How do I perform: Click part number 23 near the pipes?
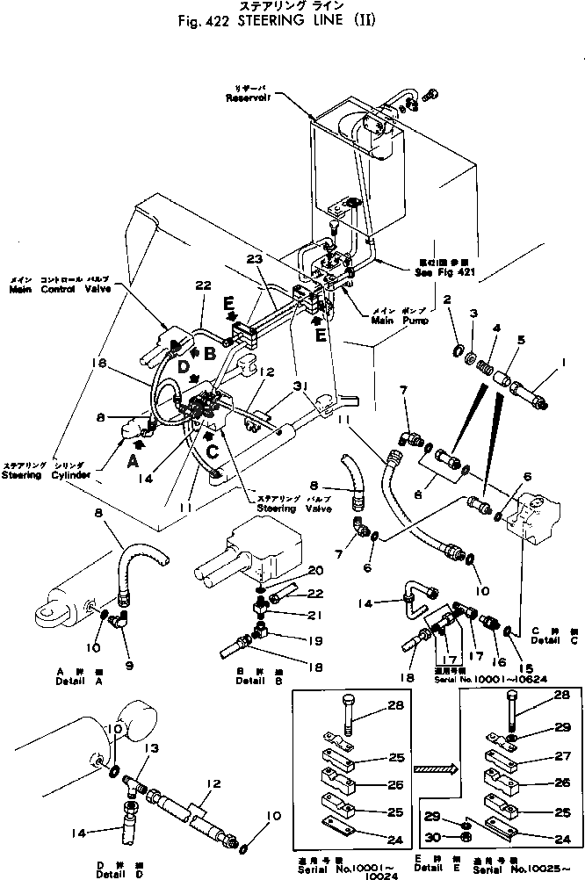(254, 259)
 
